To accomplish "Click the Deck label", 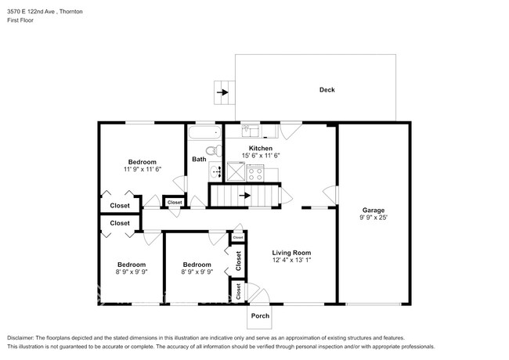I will (x=327, y=90).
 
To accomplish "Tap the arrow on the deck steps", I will (x=224, y=93).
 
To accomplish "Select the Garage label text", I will (x=372, y=209).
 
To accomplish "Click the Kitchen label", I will (x=261, y=148).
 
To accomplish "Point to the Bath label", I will (x=199, y=160).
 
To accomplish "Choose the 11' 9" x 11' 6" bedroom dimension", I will (x=142, y=169).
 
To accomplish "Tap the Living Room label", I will (x=291, y=253).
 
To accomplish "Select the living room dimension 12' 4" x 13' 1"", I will (x=291, y=261).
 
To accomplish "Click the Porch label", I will (x=259, y=316).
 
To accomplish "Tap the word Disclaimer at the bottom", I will (x=24, y=336).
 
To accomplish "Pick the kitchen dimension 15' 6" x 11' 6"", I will (x=261, y=156).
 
